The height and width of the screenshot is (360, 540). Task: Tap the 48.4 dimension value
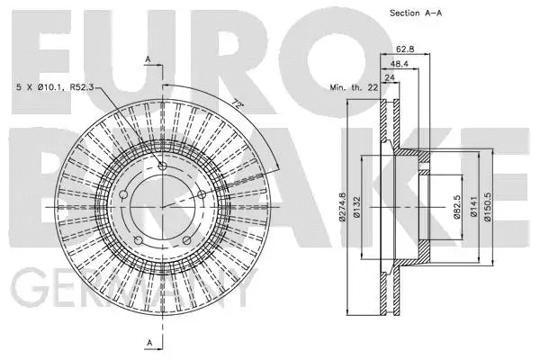(401, 65)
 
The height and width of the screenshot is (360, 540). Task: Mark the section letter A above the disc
(148, 58)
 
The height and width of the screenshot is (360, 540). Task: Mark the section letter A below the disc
(148, 341)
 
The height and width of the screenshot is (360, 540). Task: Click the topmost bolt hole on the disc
(162, 166)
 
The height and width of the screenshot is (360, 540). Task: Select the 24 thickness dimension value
(391, 76)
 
